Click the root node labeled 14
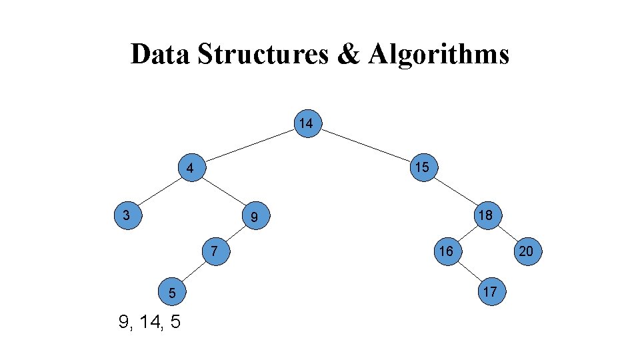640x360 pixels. point(306,124)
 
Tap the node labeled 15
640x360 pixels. point(421,167)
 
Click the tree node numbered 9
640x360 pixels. point(254,217)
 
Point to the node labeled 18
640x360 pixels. point(485,215)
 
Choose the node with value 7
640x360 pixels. point(213,251)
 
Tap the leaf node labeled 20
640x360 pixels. point(526,251)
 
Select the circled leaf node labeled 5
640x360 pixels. point(172,293)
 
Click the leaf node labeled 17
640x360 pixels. point(489,291)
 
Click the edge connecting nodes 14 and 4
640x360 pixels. point(248,146)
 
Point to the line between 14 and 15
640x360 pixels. point(364,145)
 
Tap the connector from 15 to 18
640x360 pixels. point(454,191)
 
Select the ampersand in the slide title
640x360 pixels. point(348,54)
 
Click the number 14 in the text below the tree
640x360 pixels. point(149,323)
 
